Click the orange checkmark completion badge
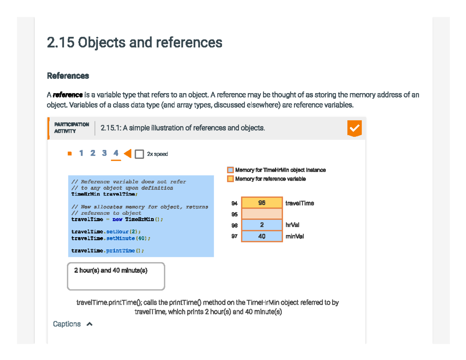pyautogui.click(x=354, y=128)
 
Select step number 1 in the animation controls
pyautogui.click(x=81, y=153)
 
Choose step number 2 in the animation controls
pyautogui.click(x=93, y=153)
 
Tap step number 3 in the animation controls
pyautogui.click(x=104, y=153)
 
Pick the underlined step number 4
pyautogui.click(x=116, y=153)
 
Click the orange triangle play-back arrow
pyautogui.click(x=127, y=154)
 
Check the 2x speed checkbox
pyautogui.click(x=139, y=154)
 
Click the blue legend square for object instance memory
pyautogui.click(x=230, y=170)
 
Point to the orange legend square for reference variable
pyautogui.click(x=230, y=179)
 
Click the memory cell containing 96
pyautogui.click(x=262, y=203)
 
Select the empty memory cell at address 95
pyautogui.click(x=262, y=214)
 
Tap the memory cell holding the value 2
pyautogui.click(x=262, y=225)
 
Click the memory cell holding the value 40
pyautogui.click(x=262, y=236)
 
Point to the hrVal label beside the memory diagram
pyautogui.click(x=292, y=225)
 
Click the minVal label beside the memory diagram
pyautogui.click(x=294, y=236)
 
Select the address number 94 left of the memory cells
pyautogui.click(x=234, y=203)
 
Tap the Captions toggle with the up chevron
pyautogui.click(x=73, y=324)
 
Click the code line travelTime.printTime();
pyautogui.click(x=108, y=250)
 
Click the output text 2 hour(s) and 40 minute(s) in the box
pyautogui.click(x=111, y=271)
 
